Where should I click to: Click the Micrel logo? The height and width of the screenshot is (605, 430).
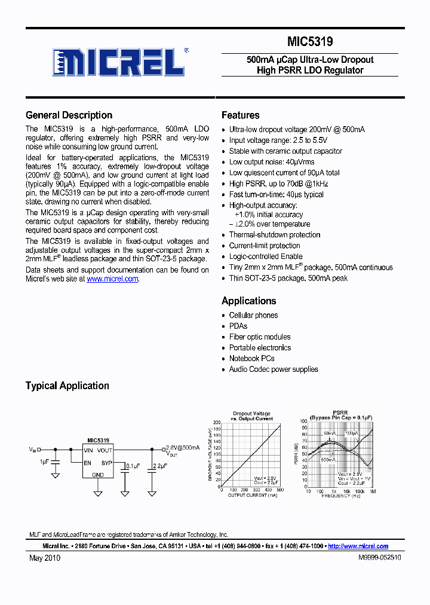117,62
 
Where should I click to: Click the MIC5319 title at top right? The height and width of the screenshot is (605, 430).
310,42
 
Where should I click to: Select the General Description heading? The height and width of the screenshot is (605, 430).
69,115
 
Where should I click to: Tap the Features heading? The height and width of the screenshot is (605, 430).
240,115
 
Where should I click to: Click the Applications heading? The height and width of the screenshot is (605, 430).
248,301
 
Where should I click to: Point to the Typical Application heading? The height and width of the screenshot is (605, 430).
67,386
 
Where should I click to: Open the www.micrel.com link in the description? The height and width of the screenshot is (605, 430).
112,279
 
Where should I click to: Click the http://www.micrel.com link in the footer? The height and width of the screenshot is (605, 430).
358,546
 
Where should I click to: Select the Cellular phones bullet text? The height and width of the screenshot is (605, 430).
253,316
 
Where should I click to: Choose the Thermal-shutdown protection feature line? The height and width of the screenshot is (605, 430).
275,235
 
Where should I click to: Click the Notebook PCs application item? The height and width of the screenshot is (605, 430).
251,359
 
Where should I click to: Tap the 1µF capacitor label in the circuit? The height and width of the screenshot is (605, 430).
45,462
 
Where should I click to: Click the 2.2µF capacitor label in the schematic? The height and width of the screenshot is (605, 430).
160,465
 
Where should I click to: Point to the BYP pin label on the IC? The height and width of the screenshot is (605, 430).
107,463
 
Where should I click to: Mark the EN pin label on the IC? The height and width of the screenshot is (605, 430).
87,463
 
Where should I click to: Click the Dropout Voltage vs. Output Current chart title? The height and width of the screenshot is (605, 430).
251,416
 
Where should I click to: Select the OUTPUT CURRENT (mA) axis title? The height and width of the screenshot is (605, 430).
252,496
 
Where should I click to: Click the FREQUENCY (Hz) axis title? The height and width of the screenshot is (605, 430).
340,496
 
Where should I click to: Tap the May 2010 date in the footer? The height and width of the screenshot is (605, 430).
45,558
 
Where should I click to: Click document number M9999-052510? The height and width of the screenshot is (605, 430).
379,557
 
